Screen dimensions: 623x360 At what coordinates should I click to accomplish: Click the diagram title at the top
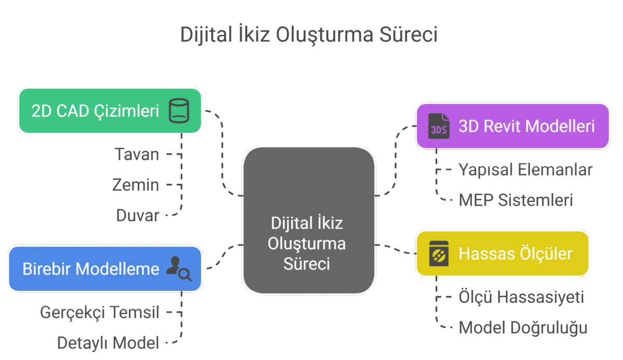(x=309, y=35)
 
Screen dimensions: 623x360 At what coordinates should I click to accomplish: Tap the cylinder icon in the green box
(x=179, y=111)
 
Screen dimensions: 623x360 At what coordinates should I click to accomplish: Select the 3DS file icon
(x=439, y=126)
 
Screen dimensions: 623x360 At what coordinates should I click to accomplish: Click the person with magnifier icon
(x=179, y=269)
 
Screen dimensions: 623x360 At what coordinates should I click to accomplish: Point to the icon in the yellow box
(x=439, y=254)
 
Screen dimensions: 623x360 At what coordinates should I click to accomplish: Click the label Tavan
(x=137, y=154)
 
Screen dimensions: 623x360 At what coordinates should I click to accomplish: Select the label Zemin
(x=136, y=185)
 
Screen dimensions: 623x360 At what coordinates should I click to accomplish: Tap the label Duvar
(x=138, y=216)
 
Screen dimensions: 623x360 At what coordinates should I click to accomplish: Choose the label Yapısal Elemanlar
(x=525, y=170)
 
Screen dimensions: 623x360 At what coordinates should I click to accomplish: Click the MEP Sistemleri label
(x=516, y=200)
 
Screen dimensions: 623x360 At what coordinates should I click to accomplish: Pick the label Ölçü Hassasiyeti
(x=521, y=297)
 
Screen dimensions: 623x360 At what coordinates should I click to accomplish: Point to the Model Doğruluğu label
(x=523, y=328)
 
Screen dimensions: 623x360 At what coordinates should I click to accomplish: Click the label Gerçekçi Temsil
(x=100, y=312)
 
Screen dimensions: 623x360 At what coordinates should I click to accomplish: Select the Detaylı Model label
(x=108, y=343)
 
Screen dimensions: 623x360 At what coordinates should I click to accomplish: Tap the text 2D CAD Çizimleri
(x=95, y=111)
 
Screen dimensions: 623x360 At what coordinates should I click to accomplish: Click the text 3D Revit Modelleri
(x=526, y=126)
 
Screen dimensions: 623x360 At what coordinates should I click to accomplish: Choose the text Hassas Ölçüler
(x=516, y=254)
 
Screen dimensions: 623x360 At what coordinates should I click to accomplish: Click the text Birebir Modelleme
(x=91, y=269)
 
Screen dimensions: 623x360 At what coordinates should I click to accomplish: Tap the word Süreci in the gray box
(x=307, y=264)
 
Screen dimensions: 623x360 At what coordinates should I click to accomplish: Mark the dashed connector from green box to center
(x=222, y=153)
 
